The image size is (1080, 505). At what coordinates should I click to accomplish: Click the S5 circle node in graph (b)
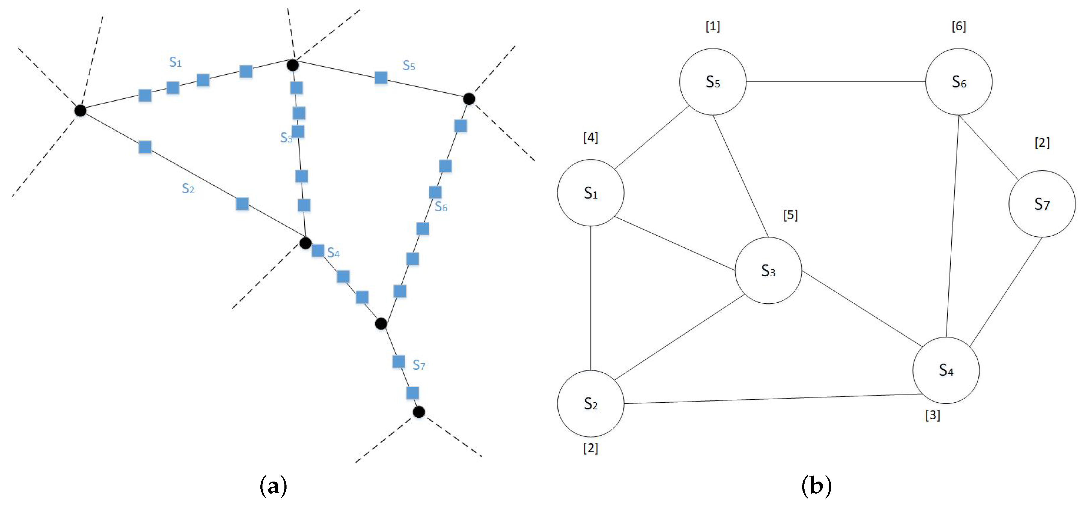[712, 82]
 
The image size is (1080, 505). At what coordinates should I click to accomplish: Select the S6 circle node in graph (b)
[959, 82]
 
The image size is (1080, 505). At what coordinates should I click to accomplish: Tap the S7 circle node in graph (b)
[1042, 204]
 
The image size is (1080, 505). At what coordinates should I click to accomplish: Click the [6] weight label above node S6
[959, 26]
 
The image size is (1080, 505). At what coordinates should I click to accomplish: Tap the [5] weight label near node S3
[790, 215]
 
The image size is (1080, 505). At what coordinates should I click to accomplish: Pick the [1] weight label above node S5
[712, 26]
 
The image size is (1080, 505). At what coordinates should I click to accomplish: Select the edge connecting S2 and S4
[772, 399]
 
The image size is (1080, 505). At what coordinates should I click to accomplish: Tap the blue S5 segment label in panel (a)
[409, 65]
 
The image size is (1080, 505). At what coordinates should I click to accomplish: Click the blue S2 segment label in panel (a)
[188, 188]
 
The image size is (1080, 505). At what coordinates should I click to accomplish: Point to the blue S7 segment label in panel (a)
[419, 365]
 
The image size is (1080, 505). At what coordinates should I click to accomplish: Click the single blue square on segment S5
[381, 78]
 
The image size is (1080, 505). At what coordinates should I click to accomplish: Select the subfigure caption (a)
[273, 486]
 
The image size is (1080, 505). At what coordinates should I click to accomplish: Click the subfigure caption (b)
[816, 486]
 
